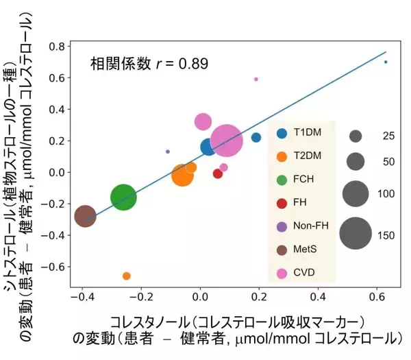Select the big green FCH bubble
(123, 197)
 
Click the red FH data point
(218, 173)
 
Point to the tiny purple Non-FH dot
(168, 152)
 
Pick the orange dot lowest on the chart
(127, 276)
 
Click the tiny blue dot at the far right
(386, 62)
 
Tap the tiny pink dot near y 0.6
(256, 80)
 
